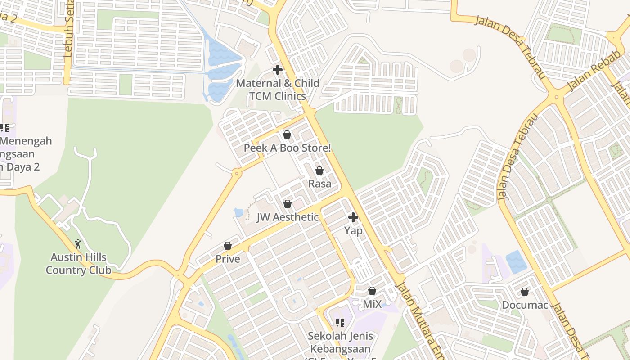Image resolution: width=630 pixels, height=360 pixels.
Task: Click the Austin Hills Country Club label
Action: pyautogui.click(x=78, y=264)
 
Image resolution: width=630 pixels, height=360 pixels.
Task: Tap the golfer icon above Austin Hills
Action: pyautogui.click(x=78, y=244)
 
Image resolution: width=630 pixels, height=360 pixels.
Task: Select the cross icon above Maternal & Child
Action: pyautogui.click(x=278, y=70)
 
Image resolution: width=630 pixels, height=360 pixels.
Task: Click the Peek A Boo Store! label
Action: pyautogui.click(x=287, y=148)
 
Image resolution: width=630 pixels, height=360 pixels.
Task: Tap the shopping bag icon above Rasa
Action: pyautogui.click(x=319, y=171)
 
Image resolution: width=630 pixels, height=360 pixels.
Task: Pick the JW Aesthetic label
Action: pyautogui.click(x=288, y=217)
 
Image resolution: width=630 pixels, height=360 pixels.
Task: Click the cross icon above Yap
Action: pyautogui.click(x=353, y=218)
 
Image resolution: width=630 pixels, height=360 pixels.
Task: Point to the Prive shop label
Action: pyautogui.click(x=228, y=259)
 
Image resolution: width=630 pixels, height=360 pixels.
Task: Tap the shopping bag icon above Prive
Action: pyautogui.click(x=228, y=246)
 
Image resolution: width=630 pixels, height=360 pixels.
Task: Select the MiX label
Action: pyautogui.click(x=372, y=304)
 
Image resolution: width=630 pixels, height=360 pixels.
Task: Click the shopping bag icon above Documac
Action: pyautogui.click(x=525, y=292)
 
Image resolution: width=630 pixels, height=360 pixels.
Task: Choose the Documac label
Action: pyautogui.click(x=525, y=305)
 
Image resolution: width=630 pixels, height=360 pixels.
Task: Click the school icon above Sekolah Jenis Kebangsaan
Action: pyautogui.click(x=340, y=322)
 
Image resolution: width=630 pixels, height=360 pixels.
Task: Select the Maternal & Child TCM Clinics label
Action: pyautogui.click(x=278, y=90)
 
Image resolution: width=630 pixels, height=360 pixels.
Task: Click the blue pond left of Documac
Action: pyautogui.click(x=516, y=262)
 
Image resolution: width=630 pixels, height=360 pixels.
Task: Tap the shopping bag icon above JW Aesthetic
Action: pyautogui.click(x=288, y=204)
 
